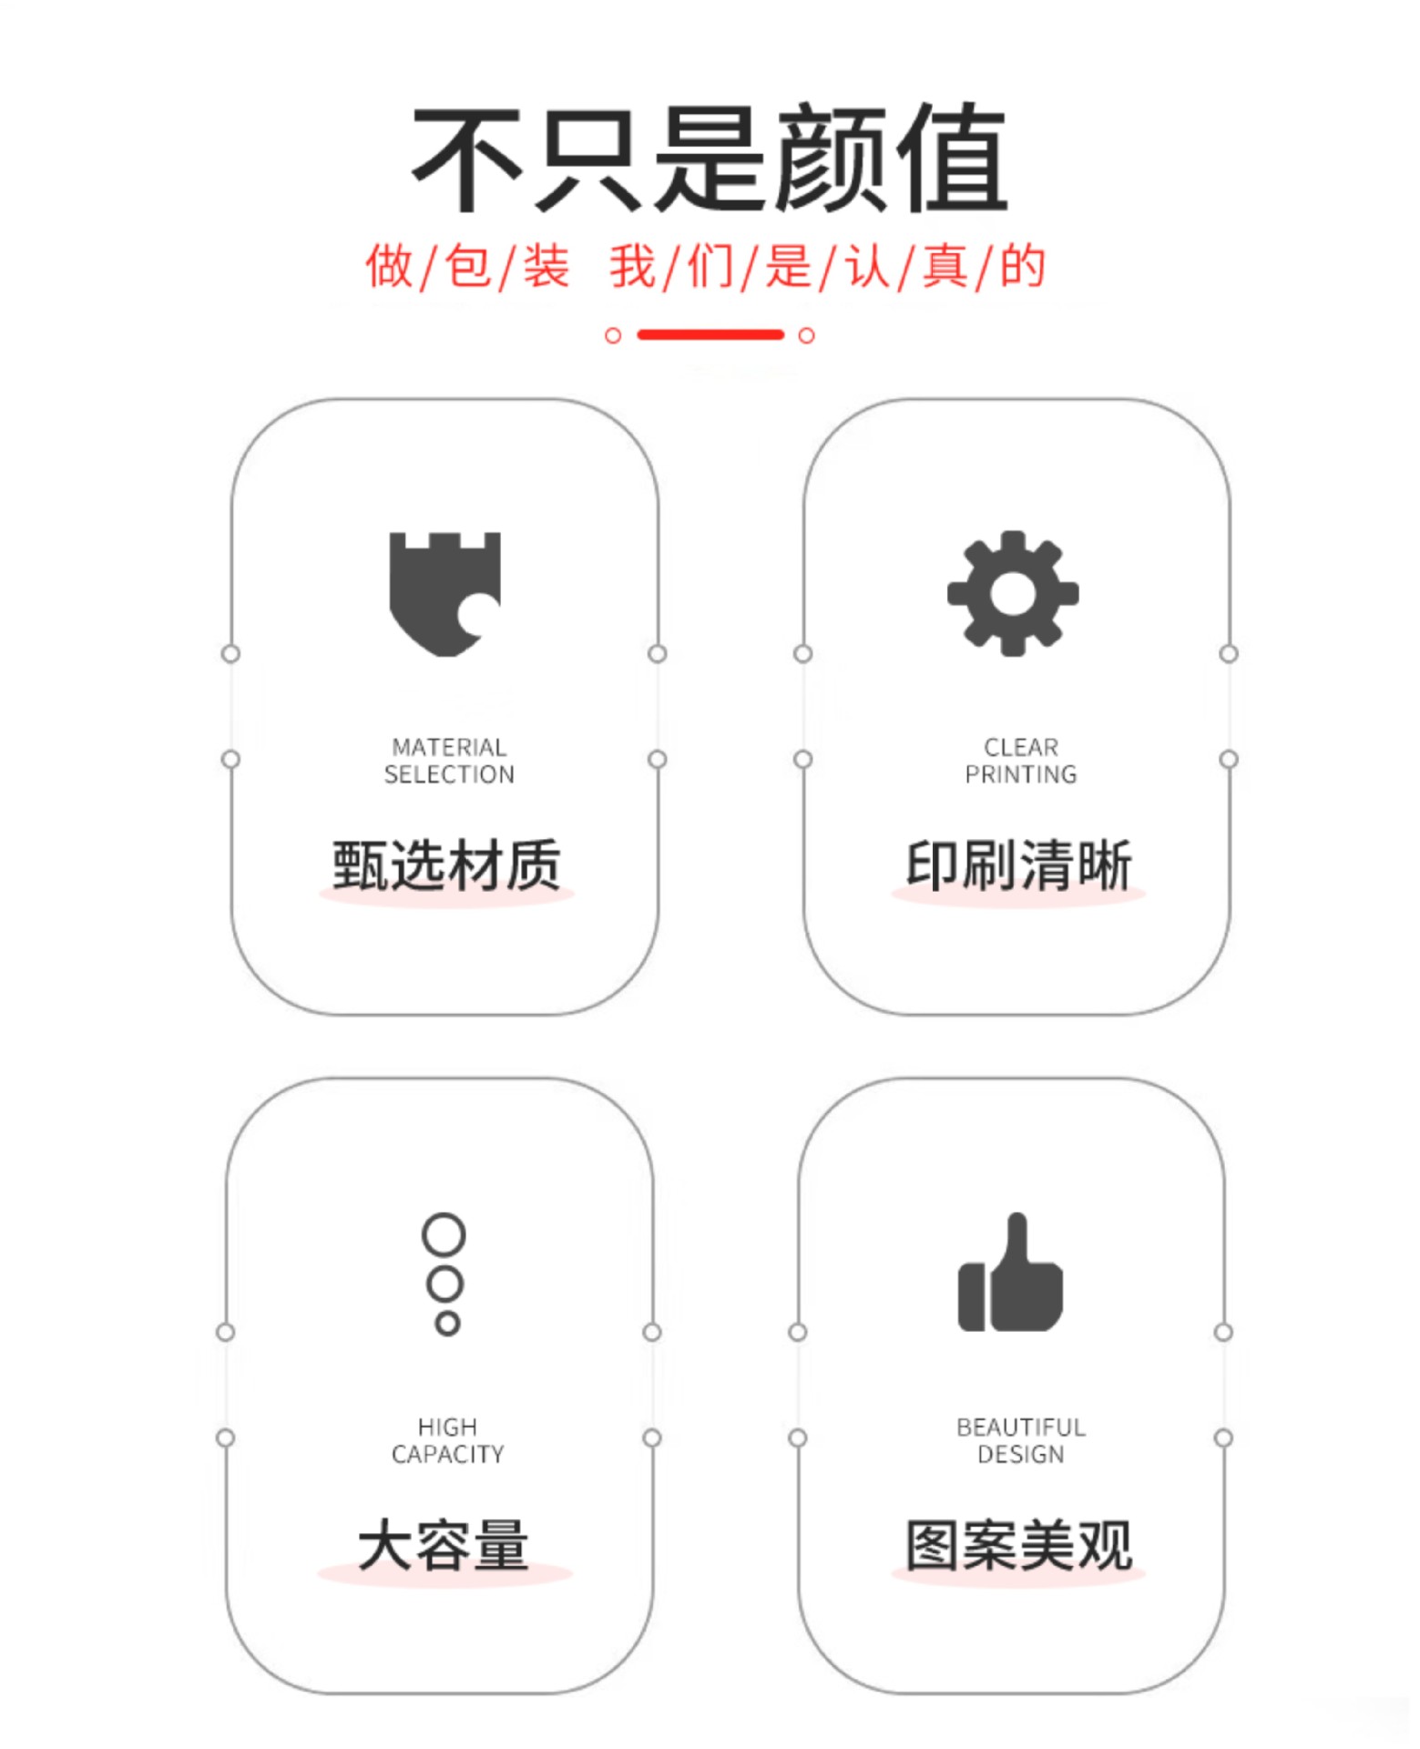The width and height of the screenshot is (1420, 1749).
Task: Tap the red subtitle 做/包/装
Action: [x=467, y=267]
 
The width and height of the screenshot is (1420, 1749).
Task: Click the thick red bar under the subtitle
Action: [x=710, y=334]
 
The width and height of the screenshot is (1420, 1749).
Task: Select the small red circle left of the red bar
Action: [x=613, y=335]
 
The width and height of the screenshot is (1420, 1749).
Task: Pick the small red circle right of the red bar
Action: [x=806, y=335]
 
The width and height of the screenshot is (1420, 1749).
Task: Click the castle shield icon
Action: [x=444, y=593]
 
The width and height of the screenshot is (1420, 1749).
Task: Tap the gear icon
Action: [x=1013, y=593]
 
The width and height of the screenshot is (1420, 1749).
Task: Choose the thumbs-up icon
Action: [x=1010, y=1274]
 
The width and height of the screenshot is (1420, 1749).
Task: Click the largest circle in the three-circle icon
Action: [x=444, y=1234]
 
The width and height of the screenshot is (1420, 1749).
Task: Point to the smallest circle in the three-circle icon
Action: [x=446, y=1323]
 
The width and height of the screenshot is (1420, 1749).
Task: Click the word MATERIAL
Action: [x=449, y=747]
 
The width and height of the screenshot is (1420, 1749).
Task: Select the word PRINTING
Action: [x=1020, y=774]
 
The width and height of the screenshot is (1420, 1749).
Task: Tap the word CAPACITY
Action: [x=447, y=1454]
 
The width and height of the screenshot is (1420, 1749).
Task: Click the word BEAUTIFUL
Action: [x=1020, y=1427]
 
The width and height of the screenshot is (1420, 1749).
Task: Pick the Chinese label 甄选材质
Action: [x=445, y=864]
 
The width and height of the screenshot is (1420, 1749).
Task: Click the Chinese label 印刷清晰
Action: [x=1018, y=864]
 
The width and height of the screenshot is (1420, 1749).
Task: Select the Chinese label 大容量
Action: [x=444, y=1545]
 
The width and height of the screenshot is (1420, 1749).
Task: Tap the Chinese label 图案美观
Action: [x=1018, y=1545]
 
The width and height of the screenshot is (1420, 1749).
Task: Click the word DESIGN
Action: [x=1020, y=1454]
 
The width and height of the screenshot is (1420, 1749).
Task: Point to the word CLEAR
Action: [x=1020, y=747]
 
